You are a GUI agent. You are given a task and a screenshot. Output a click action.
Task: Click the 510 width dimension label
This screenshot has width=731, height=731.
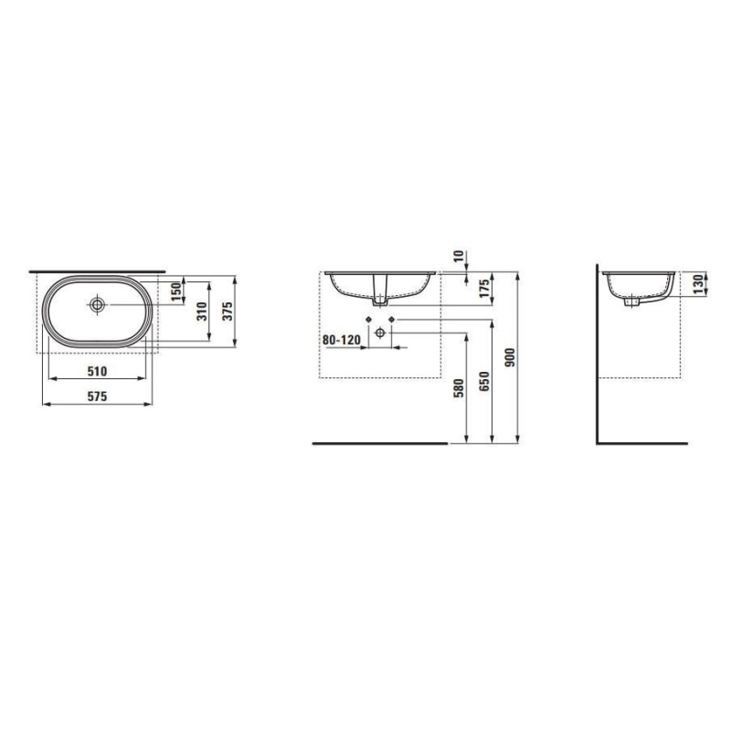tap(98, 371)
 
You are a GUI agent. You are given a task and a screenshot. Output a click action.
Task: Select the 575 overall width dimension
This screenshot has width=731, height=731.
tap(98, 397)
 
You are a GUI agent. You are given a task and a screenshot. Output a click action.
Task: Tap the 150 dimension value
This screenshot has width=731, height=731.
tap(176, 291)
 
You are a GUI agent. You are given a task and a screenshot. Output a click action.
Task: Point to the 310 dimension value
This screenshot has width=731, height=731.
tap(201, 311)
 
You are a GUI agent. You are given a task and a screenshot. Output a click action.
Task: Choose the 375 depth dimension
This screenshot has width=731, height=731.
tap(227, 311)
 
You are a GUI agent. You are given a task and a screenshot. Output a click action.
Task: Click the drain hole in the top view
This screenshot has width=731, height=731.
tap(98, 304)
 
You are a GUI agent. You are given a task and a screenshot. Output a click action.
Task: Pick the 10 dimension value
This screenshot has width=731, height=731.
tap(459, 256)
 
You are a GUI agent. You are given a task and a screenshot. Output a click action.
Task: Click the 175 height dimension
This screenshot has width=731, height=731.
tap(484, 289)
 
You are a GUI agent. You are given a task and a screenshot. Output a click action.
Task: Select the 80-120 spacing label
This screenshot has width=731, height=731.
tap(342, 340)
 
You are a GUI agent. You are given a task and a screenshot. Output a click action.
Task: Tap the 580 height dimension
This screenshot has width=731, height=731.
tap(459, 387)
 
